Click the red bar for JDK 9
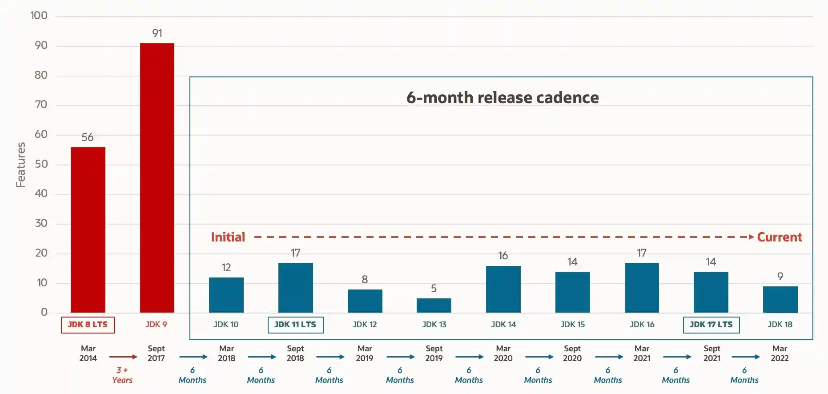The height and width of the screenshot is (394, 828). point(157,178)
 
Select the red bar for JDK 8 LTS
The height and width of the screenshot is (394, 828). point(88,229)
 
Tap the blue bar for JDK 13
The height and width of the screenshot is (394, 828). point(434,305)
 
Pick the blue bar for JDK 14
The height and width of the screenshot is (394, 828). point(503,289)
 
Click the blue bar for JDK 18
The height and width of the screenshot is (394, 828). point(780,299)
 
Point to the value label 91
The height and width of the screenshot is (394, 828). point(157,33)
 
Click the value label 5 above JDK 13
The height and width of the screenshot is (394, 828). point(434,289)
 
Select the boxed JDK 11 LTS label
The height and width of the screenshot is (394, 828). point(295,325)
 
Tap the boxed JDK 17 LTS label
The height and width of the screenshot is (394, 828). point(711,325)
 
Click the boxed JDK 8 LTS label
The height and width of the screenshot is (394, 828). point(88,325)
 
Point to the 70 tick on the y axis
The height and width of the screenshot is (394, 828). point(41,105)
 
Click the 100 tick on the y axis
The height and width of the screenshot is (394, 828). point(39,16)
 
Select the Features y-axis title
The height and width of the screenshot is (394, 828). point(20,165)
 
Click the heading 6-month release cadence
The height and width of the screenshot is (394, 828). point(502,97)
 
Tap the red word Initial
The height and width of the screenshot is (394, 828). point(228,237)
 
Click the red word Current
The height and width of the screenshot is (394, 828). point(780,237)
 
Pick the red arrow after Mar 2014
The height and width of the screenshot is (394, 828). point(123,357)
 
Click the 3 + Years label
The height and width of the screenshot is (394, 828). point(122,375)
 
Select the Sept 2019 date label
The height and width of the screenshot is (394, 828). point(434,353)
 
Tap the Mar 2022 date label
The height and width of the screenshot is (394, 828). point(780,353)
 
